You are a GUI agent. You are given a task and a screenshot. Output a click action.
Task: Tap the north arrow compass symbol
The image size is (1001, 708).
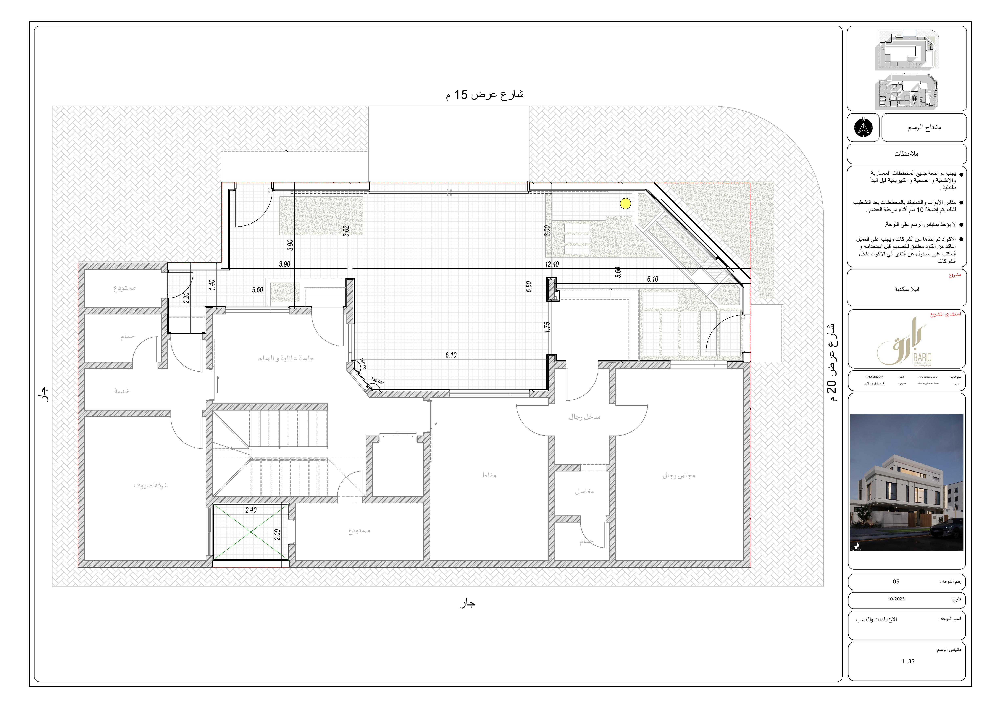coord(863,128)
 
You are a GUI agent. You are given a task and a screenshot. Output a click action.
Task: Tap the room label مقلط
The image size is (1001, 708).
coord(489,475)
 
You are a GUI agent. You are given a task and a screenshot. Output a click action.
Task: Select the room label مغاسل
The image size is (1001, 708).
coord(584,491)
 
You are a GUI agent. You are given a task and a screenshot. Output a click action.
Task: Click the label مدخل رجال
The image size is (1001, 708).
coord(585,417)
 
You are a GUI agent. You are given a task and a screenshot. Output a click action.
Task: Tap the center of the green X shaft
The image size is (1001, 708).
coord(251,532)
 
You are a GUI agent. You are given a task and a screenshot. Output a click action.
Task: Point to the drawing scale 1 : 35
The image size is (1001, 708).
coord(908,661)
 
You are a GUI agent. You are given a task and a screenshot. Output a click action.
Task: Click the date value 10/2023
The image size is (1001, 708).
coord(896,599)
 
